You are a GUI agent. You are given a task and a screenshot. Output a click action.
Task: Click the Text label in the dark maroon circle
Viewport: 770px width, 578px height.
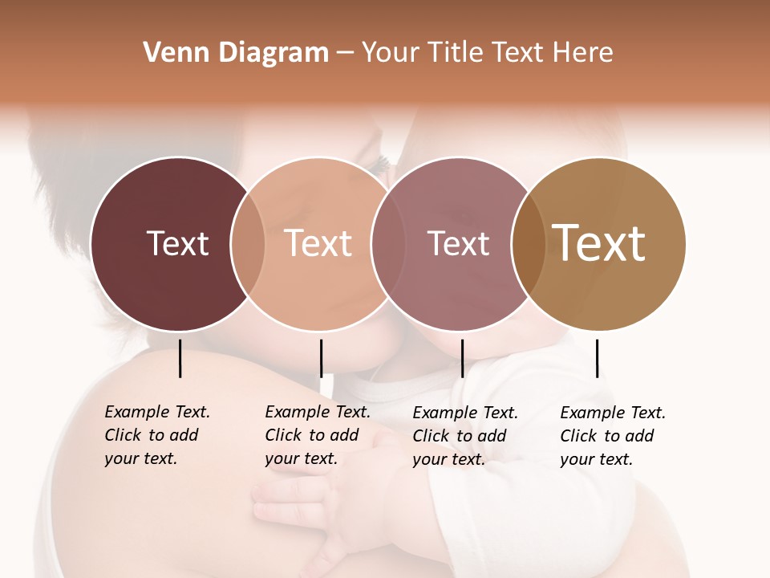click(x=177, y=243)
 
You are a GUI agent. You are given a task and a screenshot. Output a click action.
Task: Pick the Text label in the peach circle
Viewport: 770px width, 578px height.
click(x=318, y=243)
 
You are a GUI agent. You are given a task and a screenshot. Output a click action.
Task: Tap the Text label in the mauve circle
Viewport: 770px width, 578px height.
click(x=458, y=243)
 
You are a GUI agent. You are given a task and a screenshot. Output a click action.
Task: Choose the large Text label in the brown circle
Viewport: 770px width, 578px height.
click(x=599, y=242)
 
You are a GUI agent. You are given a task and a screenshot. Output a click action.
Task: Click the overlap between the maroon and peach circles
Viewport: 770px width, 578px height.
click(x=248, y=244)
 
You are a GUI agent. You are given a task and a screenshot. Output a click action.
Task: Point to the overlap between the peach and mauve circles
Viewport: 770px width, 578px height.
click(x=388, y=244)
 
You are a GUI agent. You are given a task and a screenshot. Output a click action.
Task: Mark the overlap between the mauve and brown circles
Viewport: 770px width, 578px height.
click(x=528, y=244)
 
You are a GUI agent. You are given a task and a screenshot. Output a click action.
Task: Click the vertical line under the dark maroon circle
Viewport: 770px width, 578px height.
click(x=180, y=358)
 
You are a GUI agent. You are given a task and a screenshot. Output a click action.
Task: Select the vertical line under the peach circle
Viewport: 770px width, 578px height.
click(x=321, y=358)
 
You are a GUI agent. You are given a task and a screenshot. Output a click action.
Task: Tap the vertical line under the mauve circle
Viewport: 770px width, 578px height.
click(x=462, y=358)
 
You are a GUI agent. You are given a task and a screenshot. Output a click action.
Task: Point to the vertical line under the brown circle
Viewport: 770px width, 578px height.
click(x=597, y=358)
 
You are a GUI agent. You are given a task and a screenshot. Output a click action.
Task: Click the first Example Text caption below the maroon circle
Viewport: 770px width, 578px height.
click(x=156, y=435)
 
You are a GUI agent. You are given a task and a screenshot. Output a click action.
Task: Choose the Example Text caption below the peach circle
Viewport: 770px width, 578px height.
click(x=317, y=435)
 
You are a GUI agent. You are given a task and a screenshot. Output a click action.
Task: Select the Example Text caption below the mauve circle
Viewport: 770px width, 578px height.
click(x=464, y=436)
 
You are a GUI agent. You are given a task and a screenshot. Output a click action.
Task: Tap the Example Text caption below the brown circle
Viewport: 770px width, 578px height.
click(x=612, y=436)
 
